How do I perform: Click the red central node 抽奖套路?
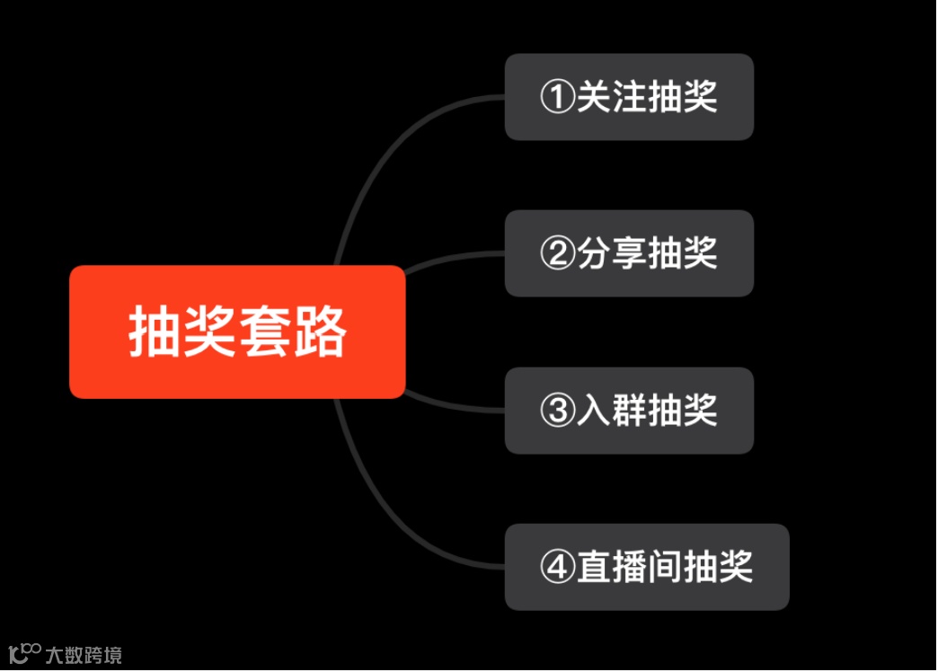[x=237, y=332]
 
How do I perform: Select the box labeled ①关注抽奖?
[x=628, y=97]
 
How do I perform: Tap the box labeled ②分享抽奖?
[x=628, y=253]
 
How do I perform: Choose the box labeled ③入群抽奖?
[x=628, y=411]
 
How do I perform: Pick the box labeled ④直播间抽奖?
[x=646, y=567]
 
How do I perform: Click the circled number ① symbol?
[x=557, y=97]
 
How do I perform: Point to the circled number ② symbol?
[x=557, y=254]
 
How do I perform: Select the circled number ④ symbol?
[x=557, y=568]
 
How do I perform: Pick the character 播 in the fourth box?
[x=628, y=568]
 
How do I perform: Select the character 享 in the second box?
[x=628, y=254]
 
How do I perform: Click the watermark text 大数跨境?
[x=84, y=655]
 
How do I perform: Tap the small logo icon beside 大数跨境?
[x=24, y=653]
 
